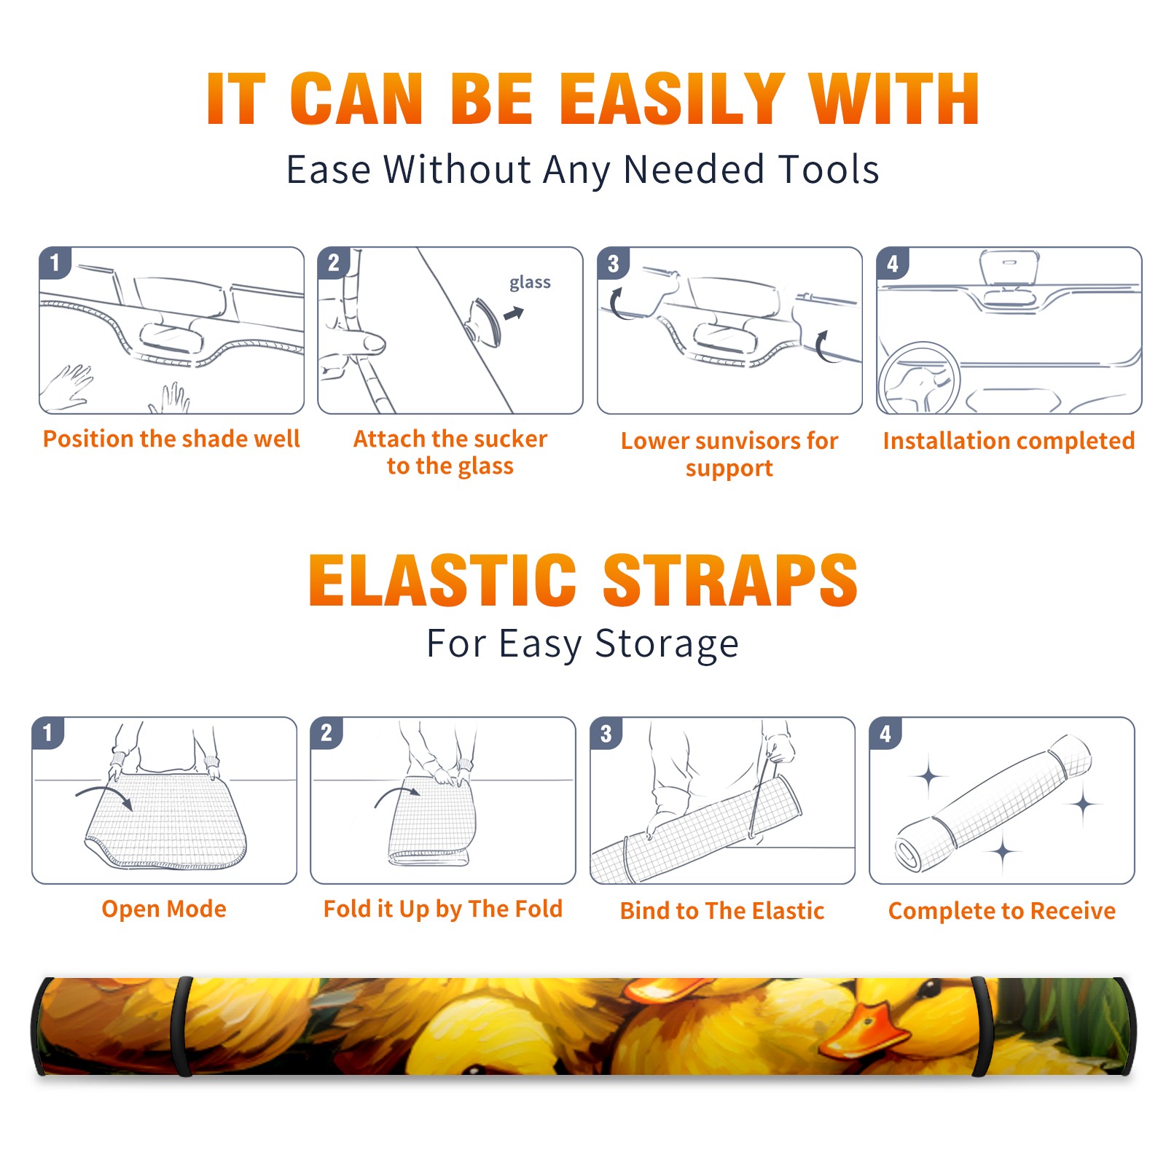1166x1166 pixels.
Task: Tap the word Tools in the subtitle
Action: (829, 170)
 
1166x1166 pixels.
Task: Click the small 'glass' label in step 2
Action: (530, 283)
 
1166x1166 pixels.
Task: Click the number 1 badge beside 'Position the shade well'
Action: (55, 262)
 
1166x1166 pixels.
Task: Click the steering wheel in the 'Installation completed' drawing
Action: (919, 378)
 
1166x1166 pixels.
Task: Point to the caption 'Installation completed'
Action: (1009, 441)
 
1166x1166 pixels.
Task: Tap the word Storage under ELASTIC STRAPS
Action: (667, 644)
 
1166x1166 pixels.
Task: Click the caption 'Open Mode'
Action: (164, 909)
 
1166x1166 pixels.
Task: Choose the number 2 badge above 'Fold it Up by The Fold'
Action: (326, 732)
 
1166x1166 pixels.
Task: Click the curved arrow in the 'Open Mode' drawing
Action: (103, 796)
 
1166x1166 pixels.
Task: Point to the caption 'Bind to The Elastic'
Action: (722, 911)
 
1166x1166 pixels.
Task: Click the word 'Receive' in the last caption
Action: (1073, 911)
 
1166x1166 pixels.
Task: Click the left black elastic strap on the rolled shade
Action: (182, 1026)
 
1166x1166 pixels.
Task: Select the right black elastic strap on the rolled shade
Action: (983, 1026)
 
